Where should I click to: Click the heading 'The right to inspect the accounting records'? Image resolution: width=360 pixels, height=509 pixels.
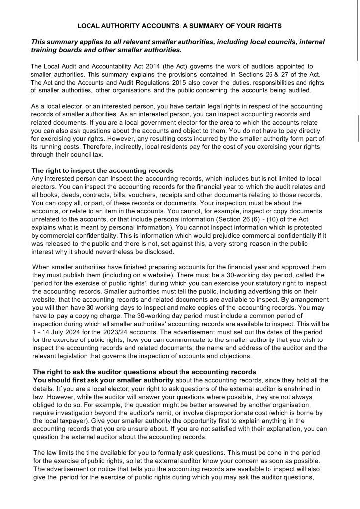[x=102, y=170]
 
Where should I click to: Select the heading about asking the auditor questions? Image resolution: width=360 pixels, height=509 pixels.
[x=144, y=372]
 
